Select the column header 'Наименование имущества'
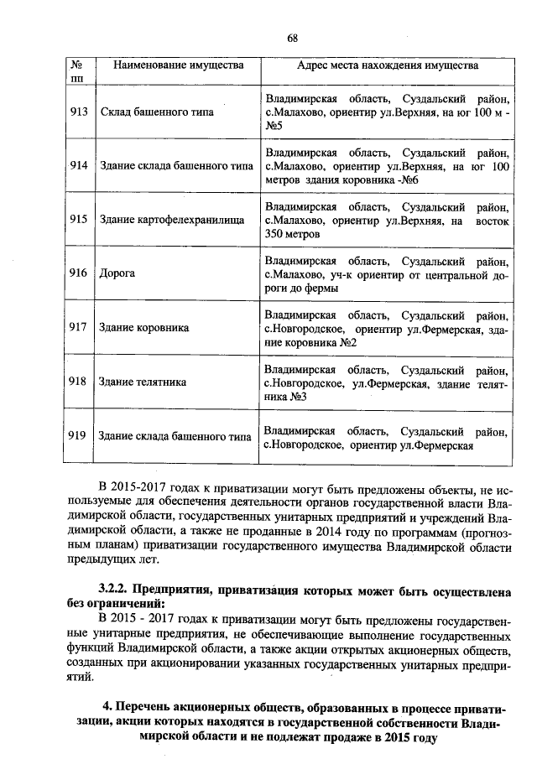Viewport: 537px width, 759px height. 179,65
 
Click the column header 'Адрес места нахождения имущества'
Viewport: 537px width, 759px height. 388,65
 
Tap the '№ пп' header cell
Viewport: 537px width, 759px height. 77,71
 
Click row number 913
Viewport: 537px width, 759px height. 78,112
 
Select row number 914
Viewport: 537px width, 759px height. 78,165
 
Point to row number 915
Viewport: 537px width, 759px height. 78,220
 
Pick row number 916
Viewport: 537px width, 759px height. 78,273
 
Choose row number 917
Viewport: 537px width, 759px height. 78,327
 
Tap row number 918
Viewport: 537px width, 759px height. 78,382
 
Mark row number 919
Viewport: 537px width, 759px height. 78,435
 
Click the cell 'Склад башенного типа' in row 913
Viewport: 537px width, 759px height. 156,112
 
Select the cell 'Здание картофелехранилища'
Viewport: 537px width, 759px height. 171,220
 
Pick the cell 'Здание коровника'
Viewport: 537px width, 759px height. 144,328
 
